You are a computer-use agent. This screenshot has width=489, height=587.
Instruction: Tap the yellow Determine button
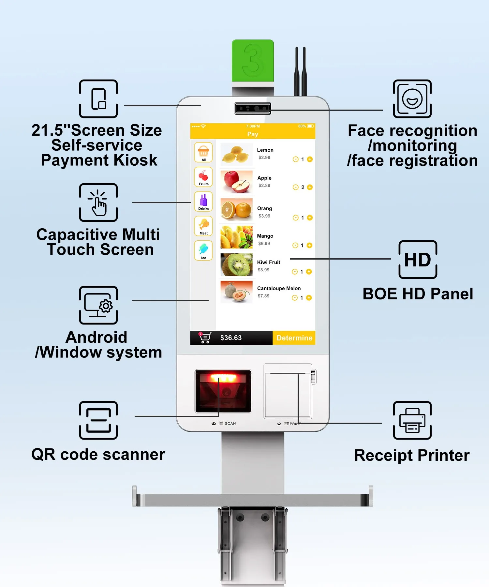coord(294,338)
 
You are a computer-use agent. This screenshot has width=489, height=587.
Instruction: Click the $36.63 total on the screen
coord(231,338)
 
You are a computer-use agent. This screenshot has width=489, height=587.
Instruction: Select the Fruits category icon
coord(203,177)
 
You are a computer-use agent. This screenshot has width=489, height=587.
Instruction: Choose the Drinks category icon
coord(203,202)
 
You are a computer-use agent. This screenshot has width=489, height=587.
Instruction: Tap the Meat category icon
coord(203,226)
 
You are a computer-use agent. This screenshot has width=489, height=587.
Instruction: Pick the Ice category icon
coord(203,250)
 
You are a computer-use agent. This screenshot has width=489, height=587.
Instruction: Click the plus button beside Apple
coord(310,187)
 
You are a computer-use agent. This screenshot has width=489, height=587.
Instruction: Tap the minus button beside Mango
coord(295,245)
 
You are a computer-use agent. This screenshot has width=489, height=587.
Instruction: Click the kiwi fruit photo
coord(236,265)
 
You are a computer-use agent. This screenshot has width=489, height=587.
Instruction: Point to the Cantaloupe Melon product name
coord(279,288)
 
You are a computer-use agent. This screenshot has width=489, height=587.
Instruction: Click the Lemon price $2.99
coord(264,158)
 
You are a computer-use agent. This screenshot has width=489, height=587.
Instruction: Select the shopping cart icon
coord(205,338)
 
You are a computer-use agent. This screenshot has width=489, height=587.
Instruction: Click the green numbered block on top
coord(253,61)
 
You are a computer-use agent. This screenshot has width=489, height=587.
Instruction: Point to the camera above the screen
coord(253,108)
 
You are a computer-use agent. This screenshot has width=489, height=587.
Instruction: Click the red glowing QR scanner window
coord(223,391)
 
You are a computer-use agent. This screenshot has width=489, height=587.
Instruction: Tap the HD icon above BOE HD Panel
coord(418,260)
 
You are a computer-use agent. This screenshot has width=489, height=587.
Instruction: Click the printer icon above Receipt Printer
coord(412,420)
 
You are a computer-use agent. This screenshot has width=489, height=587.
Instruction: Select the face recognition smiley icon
coord(412,99)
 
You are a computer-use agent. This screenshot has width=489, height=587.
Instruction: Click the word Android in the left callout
coord(96,337)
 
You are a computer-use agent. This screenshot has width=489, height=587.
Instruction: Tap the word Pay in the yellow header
coord(253,134)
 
